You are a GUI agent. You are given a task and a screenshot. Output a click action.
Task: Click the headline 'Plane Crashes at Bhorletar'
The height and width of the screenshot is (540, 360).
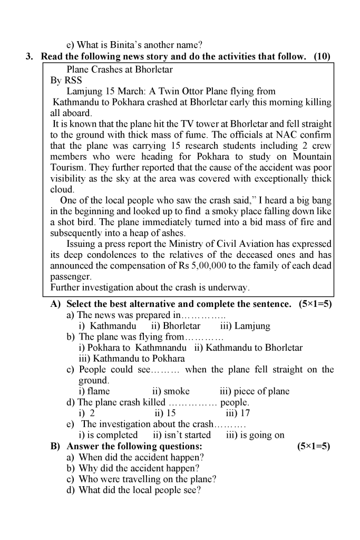coord(120,69)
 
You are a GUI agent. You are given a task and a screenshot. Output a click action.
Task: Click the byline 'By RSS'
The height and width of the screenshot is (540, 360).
coord(63,81)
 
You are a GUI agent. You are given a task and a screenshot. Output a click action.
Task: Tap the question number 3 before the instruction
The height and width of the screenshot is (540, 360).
coord(30,56)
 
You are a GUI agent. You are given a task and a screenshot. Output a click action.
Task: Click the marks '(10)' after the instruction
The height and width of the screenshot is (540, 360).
coord(322,56)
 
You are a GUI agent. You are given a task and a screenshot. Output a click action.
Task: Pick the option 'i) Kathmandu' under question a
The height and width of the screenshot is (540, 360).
coord(107,326)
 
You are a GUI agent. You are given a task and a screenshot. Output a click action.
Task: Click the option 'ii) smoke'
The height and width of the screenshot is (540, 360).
coord(170,391)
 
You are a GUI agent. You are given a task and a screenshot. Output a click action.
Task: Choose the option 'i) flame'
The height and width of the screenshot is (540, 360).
coord(94,391)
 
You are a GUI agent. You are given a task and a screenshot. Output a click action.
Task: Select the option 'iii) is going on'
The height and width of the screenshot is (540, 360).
coord(255,435)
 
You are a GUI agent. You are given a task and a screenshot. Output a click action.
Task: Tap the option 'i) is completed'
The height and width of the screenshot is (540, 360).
coord(108,435)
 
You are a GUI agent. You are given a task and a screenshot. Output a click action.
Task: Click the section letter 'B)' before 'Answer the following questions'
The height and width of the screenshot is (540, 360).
coord(55,446)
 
